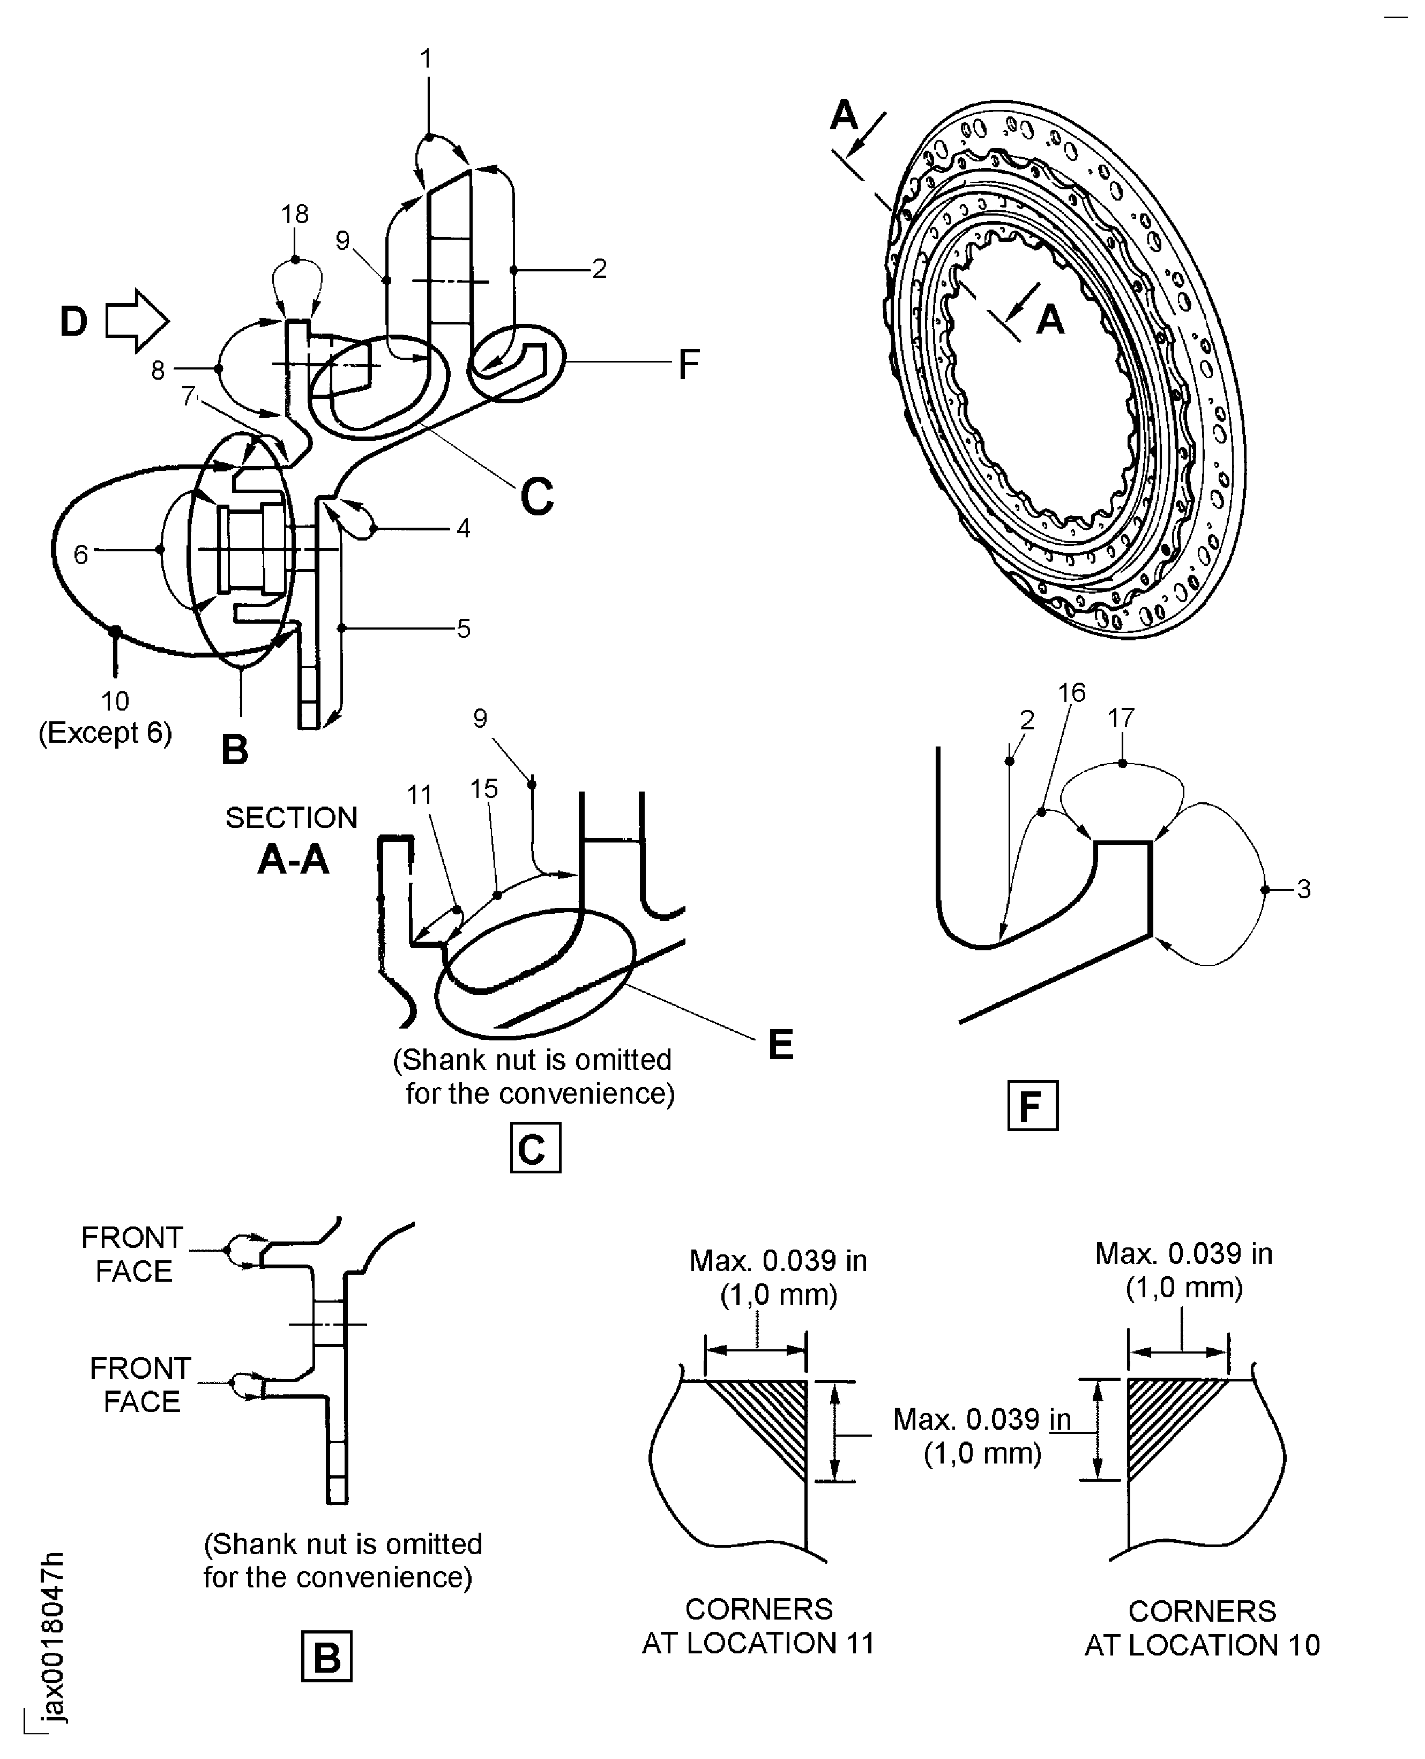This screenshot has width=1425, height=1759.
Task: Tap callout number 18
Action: pyautogui.click(x=295, y=215)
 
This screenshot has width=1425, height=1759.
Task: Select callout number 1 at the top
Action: pyautogui.click(x=426, y=59)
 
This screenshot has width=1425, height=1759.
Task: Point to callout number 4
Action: pyautogui.click(x=463, y=529)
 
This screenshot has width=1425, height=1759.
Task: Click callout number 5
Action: pyautogui.click(x=464, y=629)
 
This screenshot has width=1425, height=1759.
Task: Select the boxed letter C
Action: pyautogui.click(x=535, y=1148)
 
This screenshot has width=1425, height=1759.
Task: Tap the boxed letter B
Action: pyautogui.click(x=327, y=1657)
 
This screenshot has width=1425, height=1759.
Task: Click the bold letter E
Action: pyautogui.click(x=781, y=1045)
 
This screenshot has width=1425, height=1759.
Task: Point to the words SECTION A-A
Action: pyautogui.click(x=292, y=840)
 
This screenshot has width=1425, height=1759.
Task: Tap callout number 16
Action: pyautogui.click(x=1071, y=693)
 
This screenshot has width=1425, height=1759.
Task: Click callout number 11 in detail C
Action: pyautogui.click(x=420, y=795)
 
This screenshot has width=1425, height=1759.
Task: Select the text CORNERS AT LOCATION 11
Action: pyautogui.click(x=758, y=1627)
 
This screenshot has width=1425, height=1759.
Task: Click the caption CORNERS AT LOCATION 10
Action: pyautogui.click(x=1202, y=1629)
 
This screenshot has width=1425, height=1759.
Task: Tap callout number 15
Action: pyautogui.click(x=484, y=789)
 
